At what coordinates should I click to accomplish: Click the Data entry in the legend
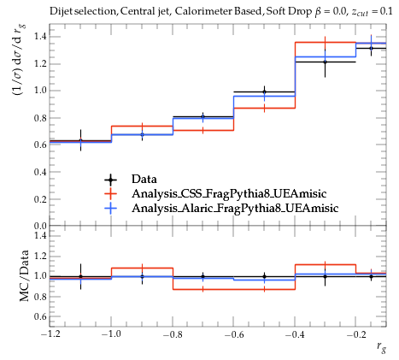[144, 180]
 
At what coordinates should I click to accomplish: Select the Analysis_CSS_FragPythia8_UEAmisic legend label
[229, 193]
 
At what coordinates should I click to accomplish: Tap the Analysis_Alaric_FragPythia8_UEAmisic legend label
[235, 208]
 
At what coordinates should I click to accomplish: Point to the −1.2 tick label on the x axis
[50, 334]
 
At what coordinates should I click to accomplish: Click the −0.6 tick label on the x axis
[234, 334]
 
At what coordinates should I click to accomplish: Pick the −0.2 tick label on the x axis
[356, 334]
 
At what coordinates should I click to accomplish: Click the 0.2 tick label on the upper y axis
[40, 199]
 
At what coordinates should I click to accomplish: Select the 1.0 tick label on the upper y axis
[40, 91]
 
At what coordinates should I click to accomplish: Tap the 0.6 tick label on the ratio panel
[40, 316]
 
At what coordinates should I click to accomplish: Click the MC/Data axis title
[25, 275]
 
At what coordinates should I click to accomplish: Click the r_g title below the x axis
[381, 347]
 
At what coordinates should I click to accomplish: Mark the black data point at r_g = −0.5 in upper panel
[264, 91]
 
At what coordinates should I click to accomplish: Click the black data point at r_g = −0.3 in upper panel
[325, 62]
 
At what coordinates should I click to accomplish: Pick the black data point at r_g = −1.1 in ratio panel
[80, 276]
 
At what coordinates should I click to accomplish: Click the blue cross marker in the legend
[111, 209]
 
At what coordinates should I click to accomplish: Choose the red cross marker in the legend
[111, 194]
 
